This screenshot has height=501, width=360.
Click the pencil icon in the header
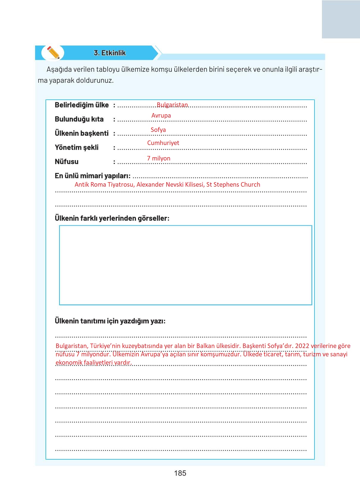click(x=53, y=53)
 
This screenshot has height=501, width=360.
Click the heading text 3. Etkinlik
click(x=110, y=53)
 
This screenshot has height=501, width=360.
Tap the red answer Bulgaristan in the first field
click(x=172, y=105)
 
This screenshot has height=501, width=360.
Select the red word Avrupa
click(x=161, y=116)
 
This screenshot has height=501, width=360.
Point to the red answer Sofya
click(x=158, y=130)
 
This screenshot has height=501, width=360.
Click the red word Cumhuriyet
click(x=163, y=143)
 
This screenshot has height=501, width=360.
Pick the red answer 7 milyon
click(x=159, y=158)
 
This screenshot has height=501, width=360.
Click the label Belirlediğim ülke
click(x=82, y=105)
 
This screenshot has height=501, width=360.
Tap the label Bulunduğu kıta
click(x=79, y=119)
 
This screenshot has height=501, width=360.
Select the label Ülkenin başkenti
click(x=82, y=133)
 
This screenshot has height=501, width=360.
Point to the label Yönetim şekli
click(x=76, y=148)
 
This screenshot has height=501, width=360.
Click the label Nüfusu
click(x=67, y=162)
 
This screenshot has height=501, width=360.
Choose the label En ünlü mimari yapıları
click(x=92, y=176)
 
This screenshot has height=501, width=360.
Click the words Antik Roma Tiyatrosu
click(x=104, y=185)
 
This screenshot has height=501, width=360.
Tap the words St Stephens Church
click(x=233, y=185)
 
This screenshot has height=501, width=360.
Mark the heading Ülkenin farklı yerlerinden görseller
click(x=112, y=218)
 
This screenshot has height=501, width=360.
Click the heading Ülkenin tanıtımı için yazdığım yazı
click(x=110, y=321)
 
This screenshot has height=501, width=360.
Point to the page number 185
click(x=180, y=473)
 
